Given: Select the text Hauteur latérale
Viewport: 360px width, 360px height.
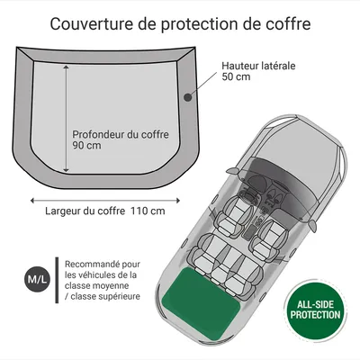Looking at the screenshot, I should coord(258,65).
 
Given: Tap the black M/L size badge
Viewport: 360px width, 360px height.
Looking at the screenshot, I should coord(34,281).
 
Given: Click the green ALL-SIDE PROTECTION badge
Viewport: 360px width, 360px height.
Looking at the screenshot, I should coord(314,310).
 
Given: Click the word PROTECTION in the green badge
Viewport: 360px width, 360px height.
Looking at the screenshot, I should coord(314,316).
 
